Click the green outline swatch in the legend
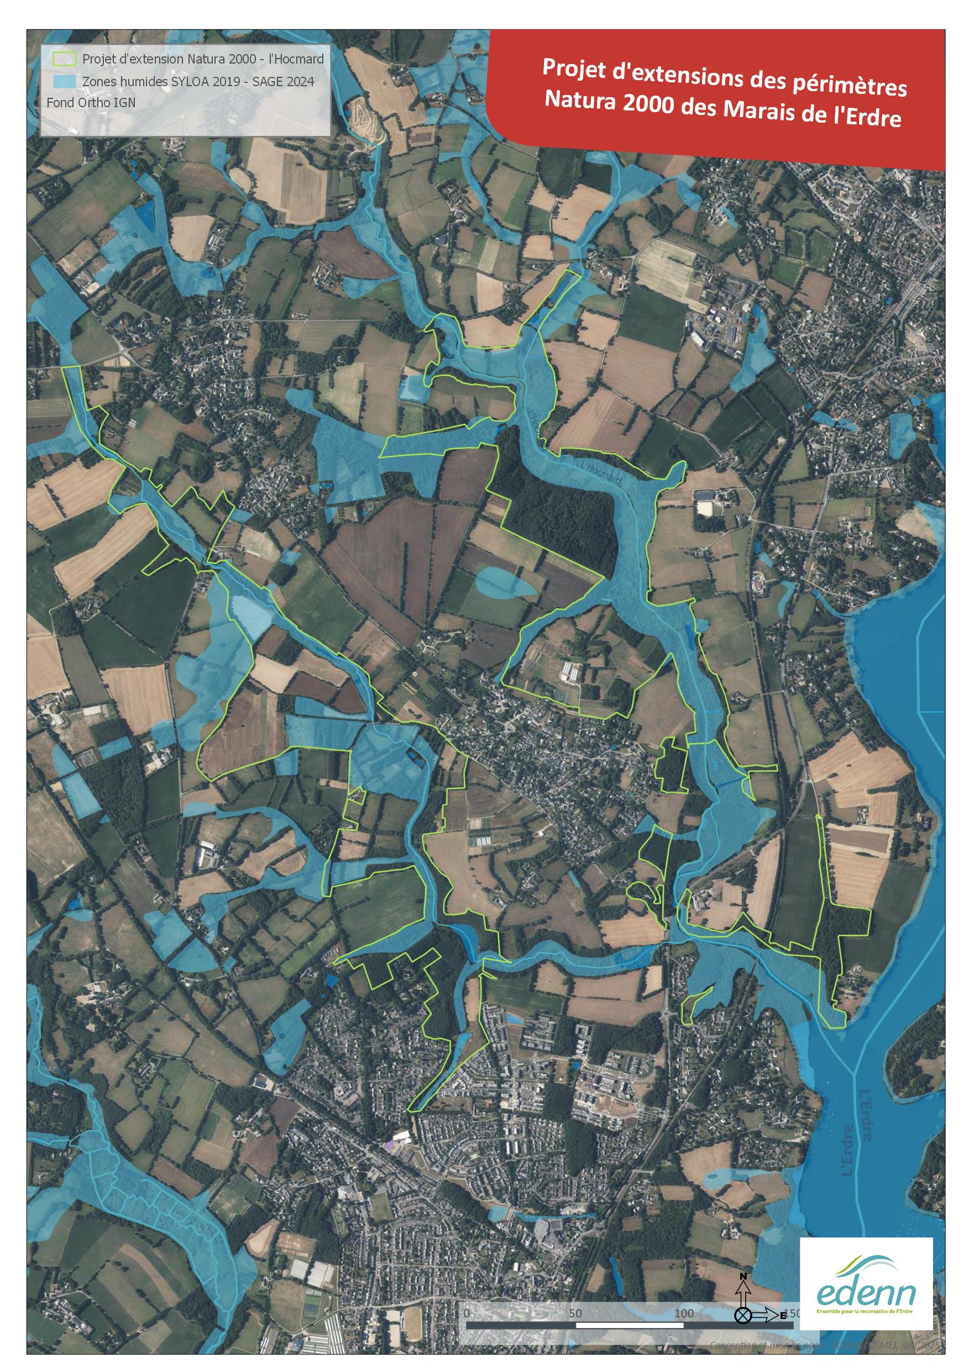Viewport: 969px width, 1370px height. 65,59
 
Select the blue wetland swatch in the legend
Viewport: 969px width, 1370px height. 65,81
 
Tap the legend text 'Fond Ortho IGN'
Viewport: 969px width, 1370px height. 91,103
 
